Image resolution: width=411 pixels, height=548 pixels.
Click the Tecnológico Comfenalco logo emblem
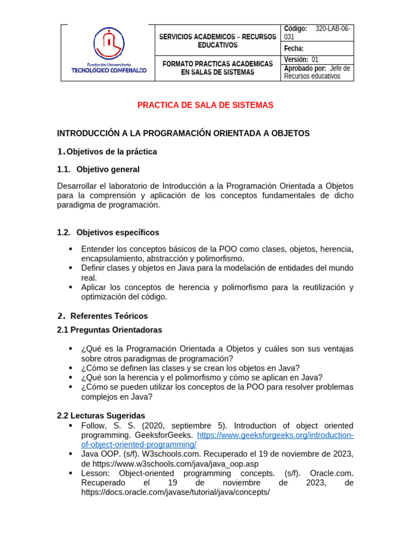click(109, 44)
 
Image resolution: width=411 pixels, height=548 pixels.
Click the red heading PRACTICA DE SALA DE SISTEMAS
click(205, 105)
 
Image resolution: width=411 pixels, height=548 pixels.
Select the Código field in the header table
click(318, 33)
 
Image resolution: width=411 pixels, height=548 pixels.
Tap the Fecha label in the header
click(294, 49)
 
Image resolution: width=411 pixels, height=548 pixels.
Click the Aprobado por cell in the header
click(317, 72)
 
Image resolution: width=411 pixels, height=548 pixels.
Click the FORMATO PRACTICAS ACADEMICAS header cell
click(217, 68)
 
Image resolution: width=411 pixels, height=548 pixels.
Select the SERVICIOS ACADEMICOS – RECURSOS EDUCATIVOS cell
click(217, 41)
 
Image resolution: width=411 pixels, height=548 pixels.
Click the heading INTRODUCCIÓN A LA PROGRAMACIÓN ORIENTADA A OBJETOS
click(183, 133)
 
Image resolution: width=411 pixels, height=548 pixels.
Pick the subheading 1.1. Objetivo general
click(98, 170)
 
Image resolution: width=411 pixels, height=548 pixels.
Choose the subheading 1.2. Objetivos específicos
click(108, 232)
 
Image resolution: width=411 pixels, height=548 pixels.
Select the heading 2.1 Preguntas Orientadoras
click(109, 330)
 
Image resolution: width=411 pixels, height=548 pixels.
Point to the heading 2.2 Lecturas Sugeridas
click(101, 416)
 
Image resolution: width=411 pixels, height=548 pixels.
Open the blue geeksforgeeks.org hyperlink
click(276, 435)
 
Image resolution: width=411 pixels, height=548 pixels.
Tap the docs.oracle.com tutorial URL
click(176, 492)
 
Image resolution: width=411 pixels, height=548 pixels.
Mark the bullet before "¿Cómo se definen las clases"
click(71, 368)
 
